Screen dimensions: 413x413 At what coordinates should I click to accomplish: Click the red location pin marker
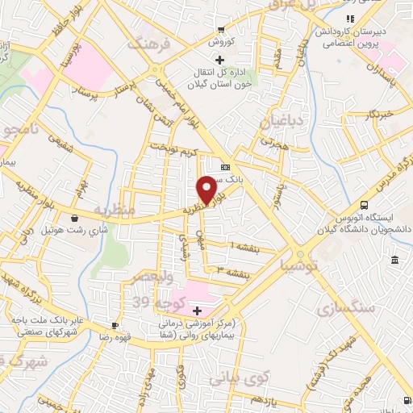tap(206, 190)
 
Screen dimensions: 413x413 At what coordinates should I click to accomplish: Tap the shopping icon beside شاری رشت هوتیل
tap(74, 218)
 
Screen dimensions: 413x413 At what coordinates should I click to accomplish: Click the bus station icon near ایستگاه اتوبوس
tap(365, 205)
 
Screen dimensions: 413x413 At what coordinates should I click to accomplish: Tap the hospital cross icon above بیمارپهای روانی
tap(196, 310)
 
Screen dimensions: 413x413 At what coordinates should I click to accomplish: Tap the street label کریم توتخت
tap(172, 151)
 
